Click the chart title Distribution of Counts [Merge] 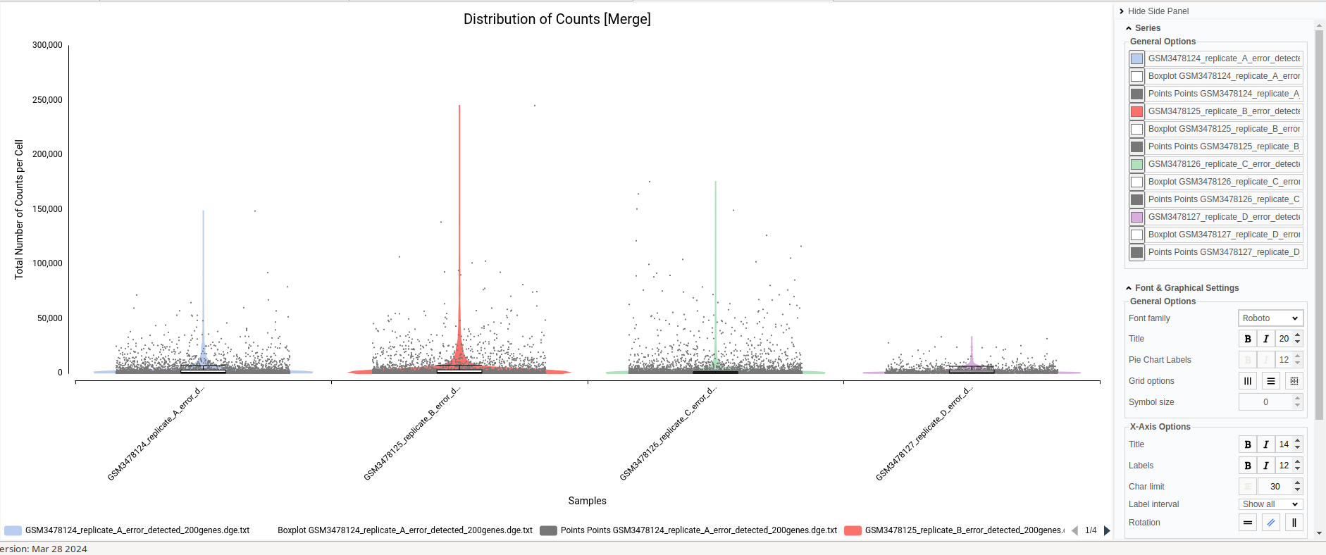point(557,19)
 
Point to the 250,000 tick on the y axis point(47,100)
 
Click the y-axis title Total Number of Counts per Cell point(19,209)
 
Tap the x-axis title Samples point(587,501)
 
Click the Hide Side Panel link point(1158,11)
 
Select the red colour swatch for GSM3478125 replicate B point(1136,111)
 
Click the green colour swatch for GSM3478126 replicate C point(1136,164)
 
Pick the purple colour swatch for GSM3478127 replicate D point(1136,217)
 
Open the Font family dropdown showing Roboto point(1270,318)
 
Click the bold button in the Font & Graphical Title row point(1248,339)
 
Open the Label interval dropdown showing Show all point(1270,504)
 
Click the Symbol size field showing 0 point(1265,402)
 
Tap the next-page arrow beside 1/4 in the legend point(1107,530)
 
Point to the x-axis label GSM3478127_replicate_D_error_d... point(924,434)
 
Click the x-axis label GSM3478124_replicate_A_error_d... point(155,434)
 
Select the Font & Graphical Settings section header point(1186,288)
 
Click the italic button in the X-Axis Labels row point(1266,466)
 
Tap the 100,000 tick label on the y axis point(47,263)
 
